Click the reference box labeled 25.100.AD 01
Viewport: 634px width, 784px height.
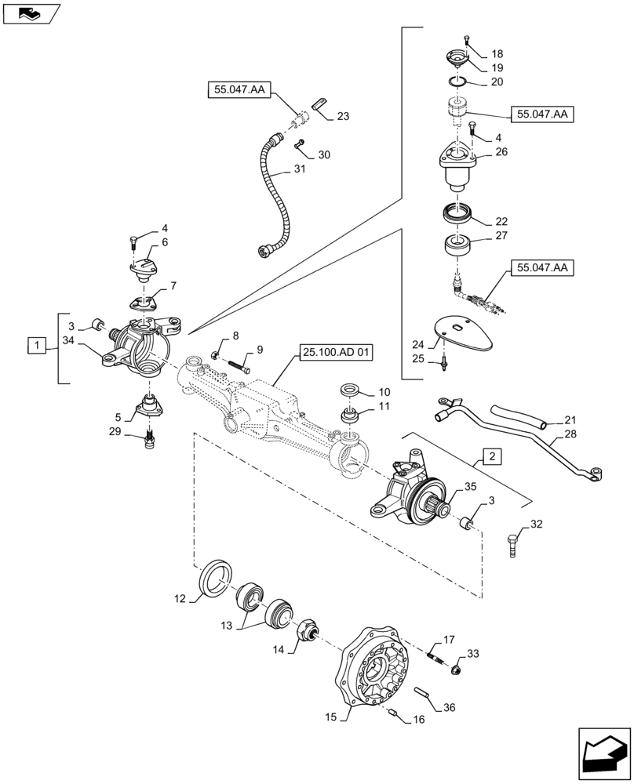pyautogui.click(x=334, y=352)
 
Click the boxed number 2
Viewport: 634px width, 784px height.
pyautogui.click(x=489, y=456)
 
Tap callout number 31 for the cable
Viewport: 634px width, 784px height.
pyautogui.click(x=301, y=169)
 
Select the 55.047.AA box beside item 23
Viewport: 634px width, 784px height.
pyautogui.click(x=239, y=91)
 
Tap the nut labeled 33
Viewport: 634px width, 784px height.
pyautogui.click(x=455, y=669)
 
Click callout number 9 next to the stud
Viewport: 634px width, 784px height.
pyautogui.click(x=259, y=349)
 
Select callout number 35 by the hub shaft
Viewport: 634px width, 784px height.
pyautogui.click(x=469, y=486)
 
